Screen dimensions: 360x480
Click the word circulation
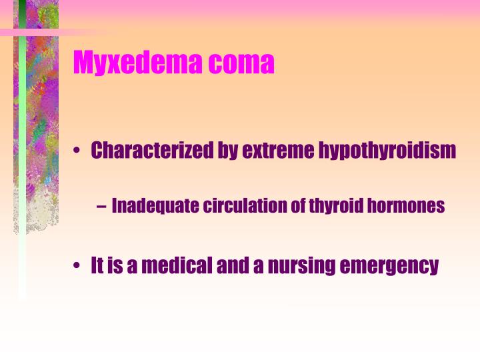pyautogui.click(x=245, y=205)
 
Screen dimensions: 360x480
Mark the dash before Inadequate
pyautogui.click(x=100, y=206)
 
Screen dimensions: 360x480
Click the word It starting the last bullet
pyautogui.click(x=97, y=265)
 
